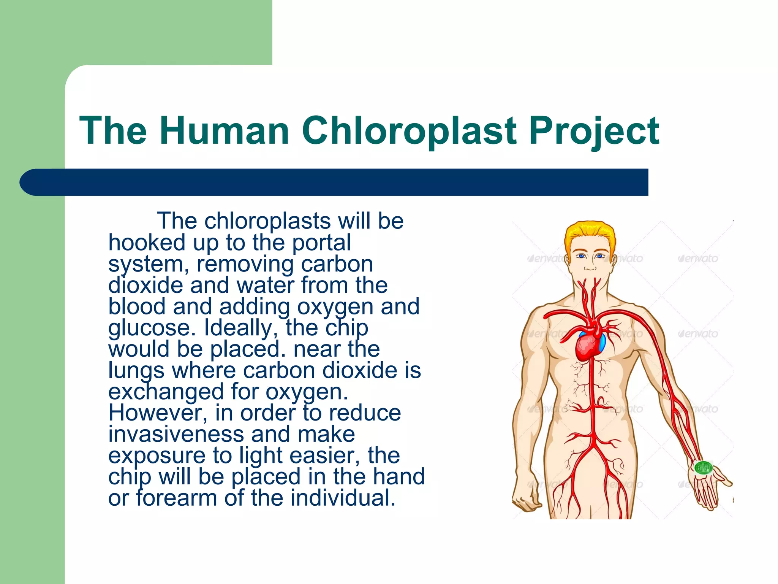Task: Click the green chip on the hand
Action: click(x=703, y=467)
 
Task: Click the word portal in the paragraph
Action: click(x=321, y=243)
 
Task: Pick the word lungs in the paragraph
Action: click(x=136, y=371)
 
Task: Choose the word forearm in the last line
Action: click(x=177, y=498)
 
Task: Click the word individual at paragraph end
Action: click(x=343, y=498)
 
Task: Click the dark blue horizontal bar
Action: click(x=334, y=182)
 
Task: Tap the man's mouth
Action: click(x=590, y=269)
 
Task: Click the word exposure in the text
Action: click(x=157, y=456)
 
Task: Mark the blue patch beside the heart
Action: click(x=602, y=342)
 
